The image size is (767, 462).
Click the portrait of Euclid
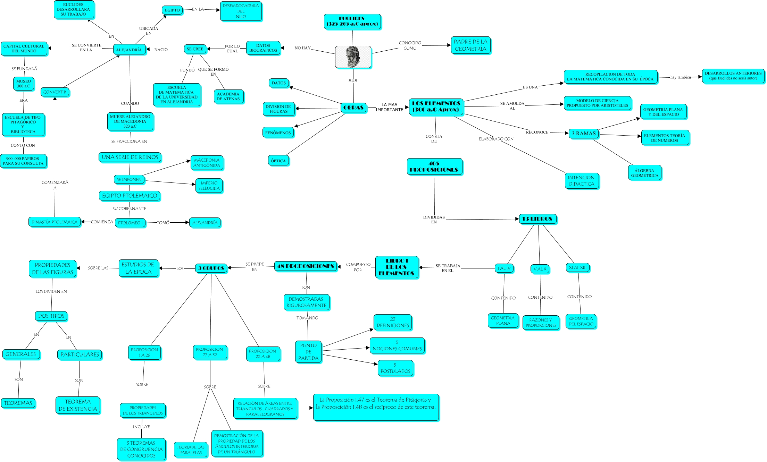pyautogui.click(x=353, y=57)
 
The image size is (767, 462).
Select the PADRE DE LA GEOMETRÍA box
pyautogui.click(x=470, y=45)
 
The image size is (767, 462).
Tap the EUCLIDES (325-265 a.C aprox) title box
pyautogui.click(x=352, y=22)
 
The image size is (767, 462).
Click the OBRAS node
pyautogui.click(x=353, y=108)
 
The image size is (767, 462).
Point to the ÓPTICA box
pyautogui.click(x=278, y=161)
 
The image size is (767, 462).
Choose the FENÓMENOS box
pyautogui.click(x=278, y=132)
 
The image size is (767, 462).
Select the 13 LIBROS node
pyautogui.click(x=537, y=219)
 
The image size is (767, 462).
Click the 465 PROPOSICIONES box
pyautogui.click(x=434, y=166)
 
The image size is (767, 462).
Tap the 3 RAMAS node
pyautogui.click(x=583, y=134)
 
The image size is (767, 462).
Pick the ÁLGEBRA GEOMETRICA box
pyautogui.click(x=644, y=173)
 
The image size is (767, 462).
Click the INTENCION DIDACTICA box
pyautogui.click(x=581, y=181)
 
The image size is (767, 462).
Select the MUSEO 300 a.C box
pyautogui.click(x=24, y=84)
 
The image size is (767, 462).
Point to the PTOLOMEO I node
pyautogui.click(x=130, y=223)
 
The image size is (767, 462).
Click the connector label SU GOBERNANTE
pyautogui.click(x=130, y=208)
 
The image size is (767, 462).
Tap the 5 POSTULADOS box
pyautogui.click(x=395, y=368)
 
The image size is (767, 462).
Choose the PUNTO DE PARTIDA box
pyautogui.click(x=308, y=352)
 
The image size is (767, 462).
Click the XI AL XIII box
pyautogui.click(x=577, y=267)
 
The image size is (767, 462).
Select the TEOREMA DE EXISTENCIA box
pyautogui.click(x=78, y=405)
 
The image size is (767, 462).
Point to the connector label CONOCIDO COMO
pyautogui.click(x=410, y=45)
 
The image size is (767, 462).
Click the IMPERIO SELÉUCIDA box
pyautogui.click(x=209, y=186)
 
